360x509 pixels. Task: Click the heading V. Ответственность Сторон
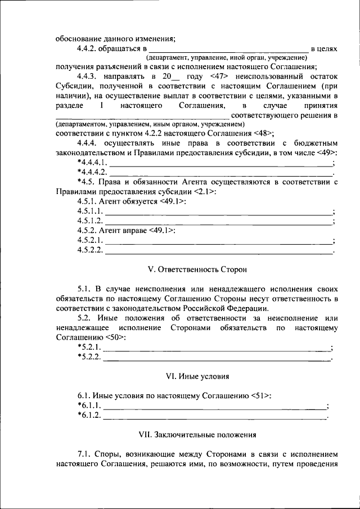(x=196, y=269)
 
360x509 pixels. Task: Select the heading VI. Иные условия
(x=196, y=375)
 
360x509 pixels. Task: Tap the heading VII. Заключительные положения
(x=196, y=434)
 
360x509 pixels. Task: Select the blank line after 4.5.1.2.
(x=219, y=220)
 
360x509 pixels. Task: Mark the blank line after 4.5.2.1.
(x=219, y=240)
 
